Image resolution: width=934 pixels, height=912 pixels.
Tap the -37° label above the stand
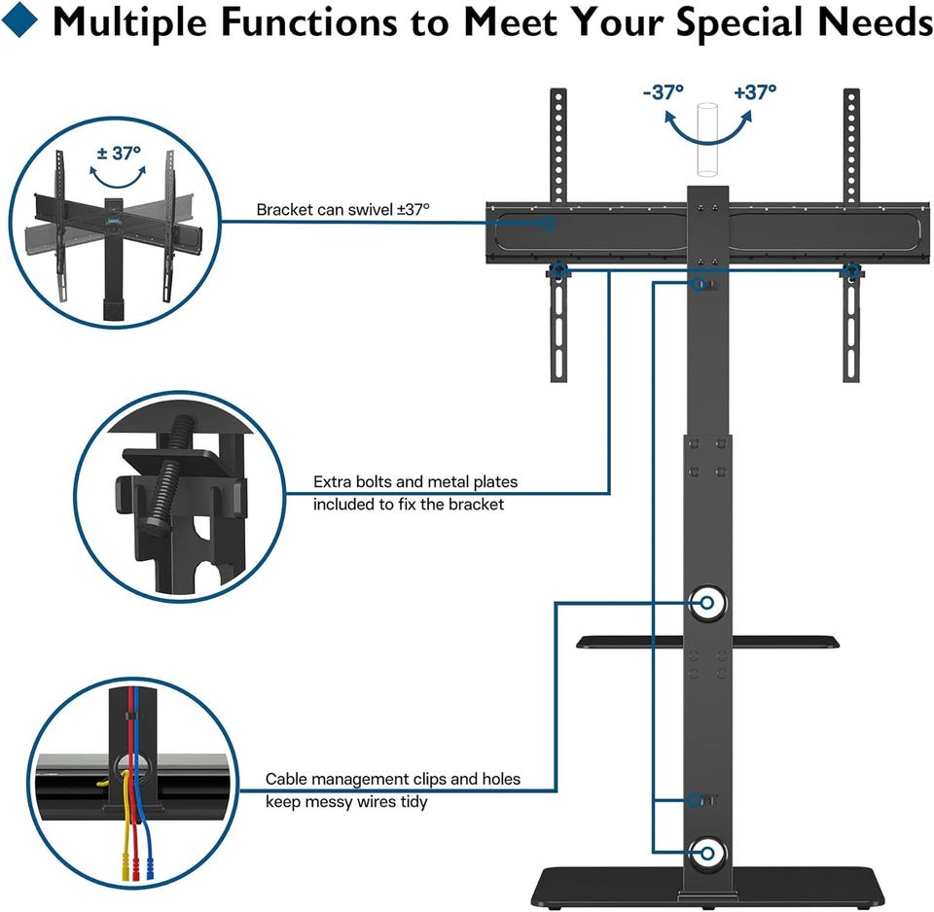point(664,92)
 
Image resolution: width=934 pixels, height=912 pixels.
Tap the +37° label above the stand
point(755,92)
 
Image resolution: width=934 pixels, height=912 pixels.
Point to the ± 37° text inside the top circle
point(120,153)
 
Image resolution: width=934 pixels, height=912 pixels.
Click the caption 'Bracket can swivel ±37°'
point(342,209)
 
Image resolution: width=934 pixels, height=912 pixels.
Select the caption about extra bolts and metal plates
point(415,493)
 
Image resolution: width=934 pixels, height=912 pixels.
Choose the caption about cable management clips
point(393,789)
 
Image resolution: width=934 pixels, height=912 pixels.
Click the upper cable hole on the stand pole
point(707,603)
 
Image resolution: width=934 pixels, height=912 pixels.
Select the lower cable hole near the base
point(707,855)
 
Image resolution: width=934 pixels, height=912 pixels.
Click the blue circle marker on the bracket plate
point(549,223)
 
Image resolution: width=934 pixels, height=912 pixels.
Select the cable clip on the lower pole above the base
point(702,800)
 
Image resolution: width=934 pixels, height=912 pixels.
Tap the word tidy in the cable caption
point(410,802)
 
